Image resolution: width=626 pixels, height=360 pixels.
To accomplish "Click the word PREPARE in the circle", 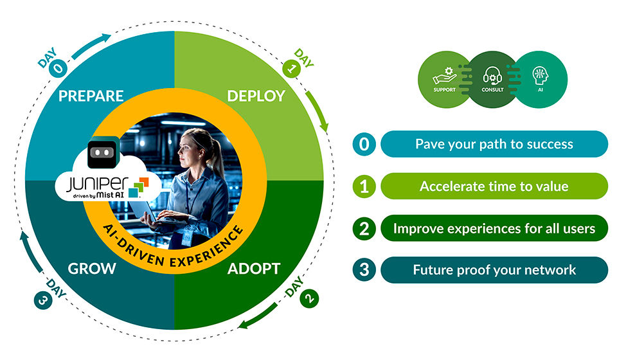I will pyautogui.click(x=91, y=96).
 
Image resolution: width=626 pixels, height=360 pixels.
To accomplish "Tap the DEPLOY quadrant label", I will pyautogui.click(x=256, y=96).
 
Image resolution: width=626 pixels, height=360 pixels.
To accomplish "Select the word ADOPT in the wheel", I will pyautogui.click(x=254, y=268).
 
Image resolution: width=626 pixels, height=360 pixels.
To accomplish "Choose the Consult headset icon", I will pyautogui.click(x=492, y=78).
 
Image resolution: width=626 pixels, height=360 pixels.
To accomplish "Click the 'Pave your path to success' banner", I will pyautogui.click(x=494, y=144).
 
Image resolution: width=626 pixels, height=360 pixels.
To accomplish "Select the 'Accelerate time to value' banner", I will pyautogui.click(x=494, y=186).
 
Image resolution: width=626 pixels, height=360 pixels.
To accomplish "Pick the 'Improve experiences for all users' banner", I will pyautogui.click(x=494, y=228).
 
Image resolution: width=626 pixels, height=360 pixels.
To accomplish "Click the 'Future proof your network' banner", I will pyautogui.click(x=494, y=270).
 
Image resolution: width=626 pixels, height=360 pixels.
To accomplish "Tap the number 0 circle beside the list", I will pyautogui.click(x=364, y=144).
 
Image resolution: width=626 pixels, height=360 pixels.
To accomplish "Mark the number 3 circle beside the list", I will pyautogui.click(x=364, y=270).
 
